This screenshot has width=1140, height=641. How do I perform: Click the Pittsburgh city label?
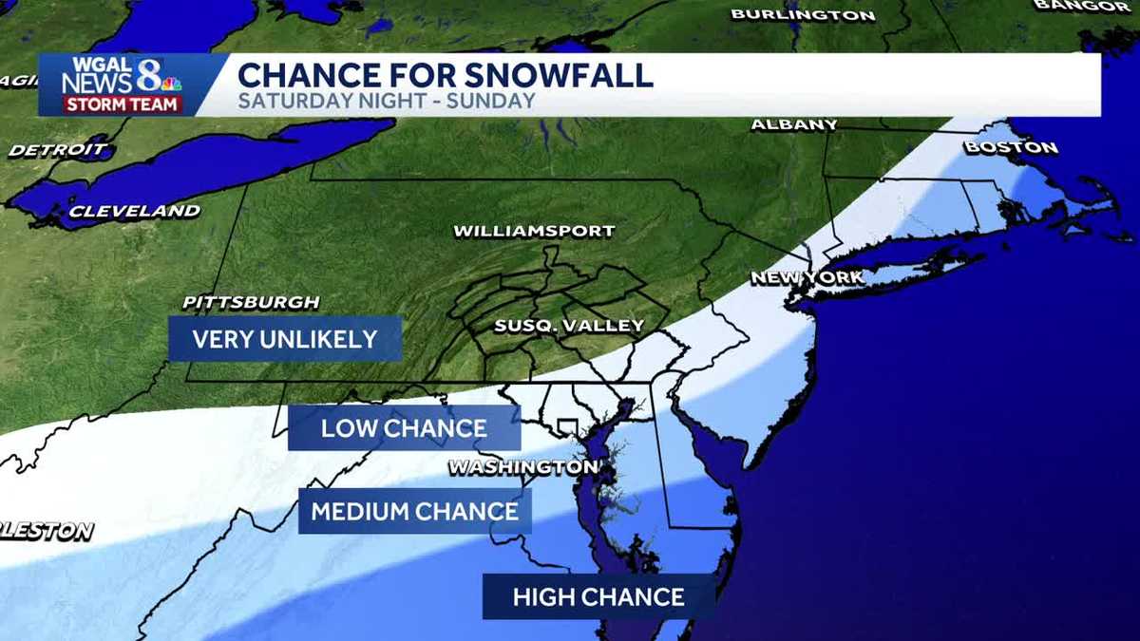click(x=251, y=303)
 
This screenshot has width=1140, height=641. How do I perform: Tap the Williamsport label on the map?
click(x=534, y=231)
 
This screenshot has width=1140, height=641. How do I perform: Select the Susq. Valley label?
click(x=569, y=326)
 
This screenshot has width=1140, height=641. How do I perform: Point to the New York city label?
click(x=807, y=277)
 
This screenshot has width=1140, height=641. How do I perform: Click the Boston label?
click(x=1011, y=147)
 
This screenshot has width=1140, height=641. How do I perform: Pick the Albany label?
click(x=794, y=124)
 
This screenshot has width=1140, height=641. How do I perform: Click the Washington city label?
click(x=523, y=467)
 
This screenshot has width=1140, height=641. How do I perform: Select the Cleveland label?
click(x=134, y=211)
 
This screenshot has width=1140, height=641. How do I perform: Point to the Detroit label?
click(x=59, y=149)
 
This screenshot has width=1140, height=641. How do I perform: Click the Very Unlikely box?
click(x=285, y=339)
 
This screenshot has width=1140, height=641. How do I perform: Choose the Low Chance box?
click(x=404, y=427)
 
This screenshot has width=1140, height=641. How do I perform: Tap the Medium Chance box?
click(x=415, y=512)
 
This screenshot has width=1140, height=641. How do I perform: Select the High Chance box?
click(x=598, y=597)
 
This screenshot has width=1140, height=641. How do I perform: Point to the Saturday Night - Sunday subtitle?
click(x=386, y=101)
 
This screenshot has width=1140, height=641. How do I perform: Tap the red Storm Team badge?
click(x=122, y=104)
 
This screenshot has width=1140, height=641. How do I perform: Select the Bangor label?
click(x=1095, y=6)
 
